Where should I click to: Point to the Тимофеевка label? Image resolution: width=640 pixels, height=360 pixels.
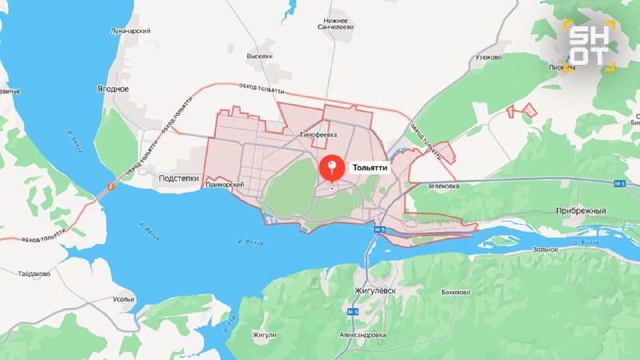click(318, 135)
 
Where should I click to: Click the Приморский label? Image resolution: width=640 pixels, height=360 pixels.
click(224, 185)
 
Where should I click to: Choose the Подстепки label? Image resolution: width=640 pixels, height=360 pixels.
click(178, 178)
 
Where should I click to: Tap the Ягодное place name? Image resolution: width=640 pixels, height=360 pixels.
click(112, 90)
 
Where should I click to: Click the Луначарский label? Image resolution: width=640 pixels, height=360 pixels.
click(130, 31)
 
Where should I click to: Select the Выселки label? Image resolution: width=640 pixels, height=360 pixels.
click(259, 57)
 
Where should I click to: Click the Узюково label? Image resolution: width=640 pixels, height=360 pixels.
click(488, 58)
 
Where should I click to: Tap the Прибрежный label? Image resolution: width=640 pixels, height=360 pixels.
click(580, 210)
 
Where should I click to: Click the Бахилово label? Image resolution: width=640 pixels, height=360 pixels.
click(455, 293)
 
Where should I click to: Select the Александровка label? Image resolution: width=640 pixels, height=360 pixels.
click(362, 334)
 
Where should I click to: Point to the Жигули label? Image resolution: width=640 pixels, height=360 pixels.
click(264, 334)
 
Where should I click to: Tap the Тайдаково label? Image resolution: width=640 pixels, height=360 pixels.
click(34, 274)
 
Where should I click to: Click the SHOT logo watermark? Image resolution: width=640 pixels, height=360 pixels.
click(588, 44)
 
